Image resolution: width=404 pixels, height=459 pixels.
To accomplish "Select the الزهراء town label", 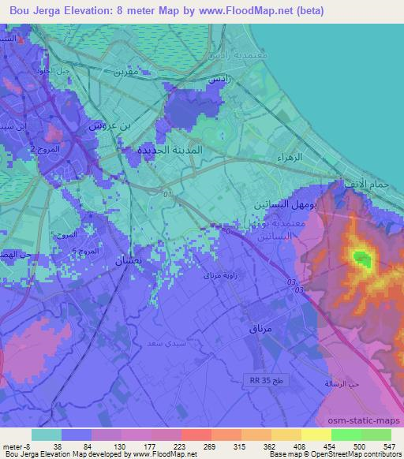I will (x=290, y=158).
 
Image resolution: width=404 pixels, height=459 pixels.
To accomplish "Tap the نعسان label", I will (x=129, y=259).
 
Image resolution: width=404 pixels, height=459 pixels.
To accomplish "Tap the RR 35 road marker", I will (x=254, y=381).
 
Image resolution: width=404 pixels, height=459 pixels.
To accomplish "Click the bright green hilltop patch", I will (x=361, y=258).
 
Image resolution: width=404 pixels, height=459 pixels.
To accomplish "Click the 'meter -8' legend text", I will (x=16, y=446).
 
